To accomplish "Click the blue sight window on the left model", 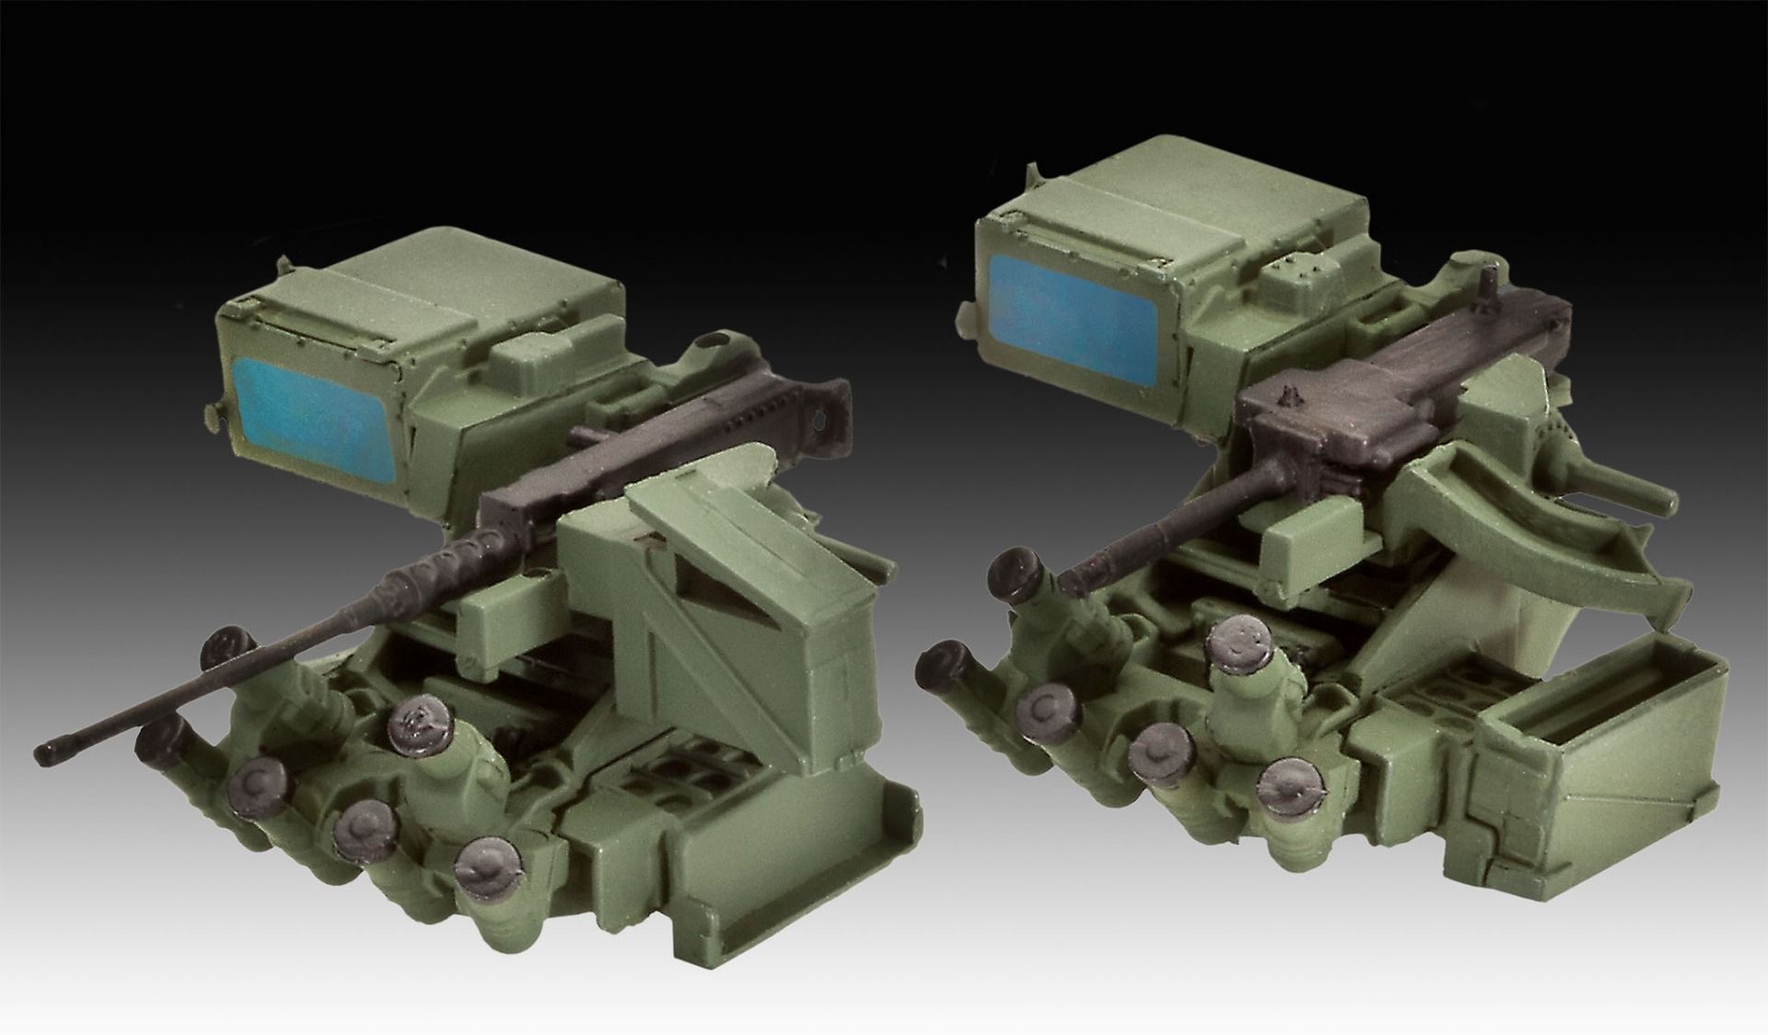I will click(x=311, y=413).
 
